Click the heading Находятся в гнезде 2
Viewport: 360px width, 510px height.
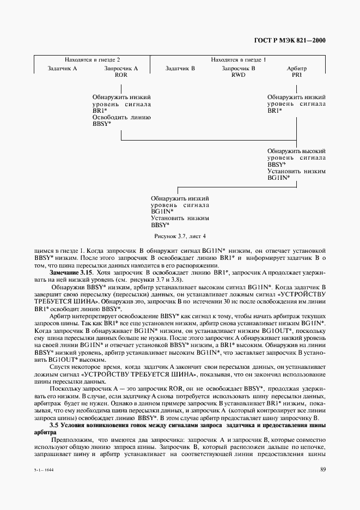(x=92, y=59)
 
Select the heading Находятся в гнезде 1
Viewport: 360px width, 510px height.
(x=239, y=59)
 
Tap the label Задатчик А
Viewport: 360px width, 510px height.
(x=63, y=69)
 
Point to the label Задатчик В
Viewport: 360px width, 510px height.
(x=180, y=69)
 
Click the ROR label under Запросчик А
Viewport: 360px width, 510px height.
(x=121, y=75)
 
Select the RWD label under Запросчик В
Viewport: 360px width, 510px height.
(x=239, y=75)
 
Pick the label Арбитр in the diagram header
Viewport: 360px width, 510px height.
(x=297, y=69)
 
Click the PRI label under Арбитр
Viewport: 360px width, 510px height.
(x=297, y=75)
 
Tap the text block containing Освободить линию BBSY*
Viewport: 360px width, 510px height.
(x=121, y=121)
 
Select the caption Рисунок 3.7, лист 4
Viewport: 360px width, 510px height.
(x=180, y=236)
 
